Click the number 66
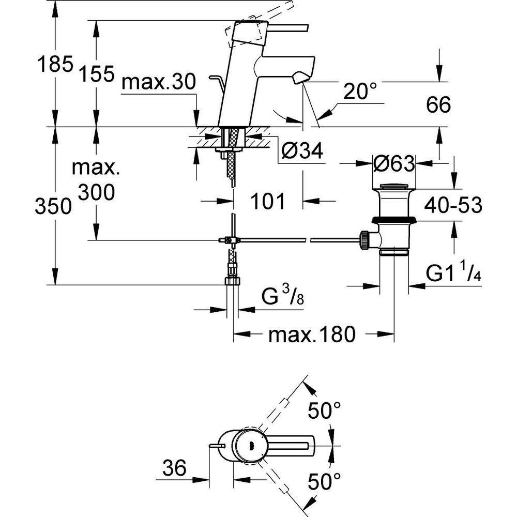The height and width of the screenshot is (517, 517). pyautogui.click(x=438, y=105)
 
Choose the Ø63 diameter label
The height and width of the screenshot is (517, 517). pyautogui.click(x=393, y=164)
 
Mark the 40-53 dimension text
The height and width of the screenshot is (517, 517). pyautogui.click(x=453, y=205)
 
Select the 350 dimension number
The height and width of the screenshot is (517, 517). pyautogui.click(x=53, y=207)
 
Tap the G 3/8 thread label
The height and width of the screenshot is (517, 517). pyautogui.click(x=281, y=298)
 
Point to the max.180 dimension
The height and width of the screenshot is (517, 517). pyautogui.click(x=312, y=336)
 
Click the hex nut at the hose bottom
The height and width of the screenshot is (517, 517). pyautogui.click(x=233, y=281)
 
